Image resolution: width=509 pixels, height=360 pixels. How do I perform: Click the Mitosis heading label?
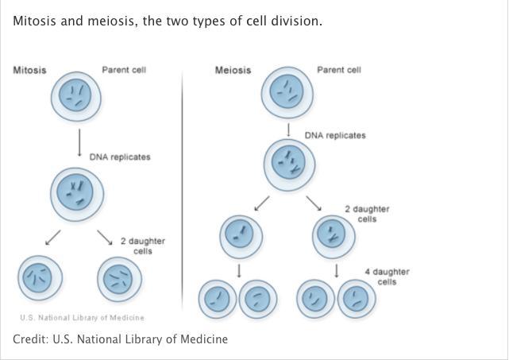[29, 70]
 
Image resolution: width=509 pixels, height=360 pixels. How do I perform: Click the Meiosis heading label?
[233, 70]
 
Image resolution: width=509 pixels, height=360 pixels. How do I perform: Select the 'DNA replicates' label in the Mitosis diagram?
[119, 157]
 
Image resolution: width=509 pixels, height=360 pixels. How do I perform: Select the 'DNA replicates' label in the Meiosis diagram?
[335, 136]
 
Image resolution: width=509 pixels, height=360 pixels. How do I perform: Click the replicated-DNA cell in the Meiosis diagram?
[289, 165]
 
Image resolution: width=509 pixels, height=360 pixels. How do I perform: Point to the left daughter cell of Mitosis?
[42, 278]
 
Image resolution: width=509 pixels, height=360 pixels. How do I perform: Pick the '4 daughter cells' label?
[387, 277]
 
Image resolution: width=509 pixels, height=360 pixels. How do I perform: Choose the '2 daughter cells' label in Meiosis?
[367, 214]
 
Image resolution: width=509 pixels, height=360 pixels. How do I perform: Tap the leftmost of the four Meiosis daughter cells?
[215, 300]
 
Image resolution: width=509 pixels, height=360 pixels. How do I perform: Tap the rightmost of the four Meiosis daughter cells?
[357, 300]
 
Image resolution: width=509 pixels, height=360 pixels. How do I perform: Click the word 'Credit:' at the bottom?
[30, 339]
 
